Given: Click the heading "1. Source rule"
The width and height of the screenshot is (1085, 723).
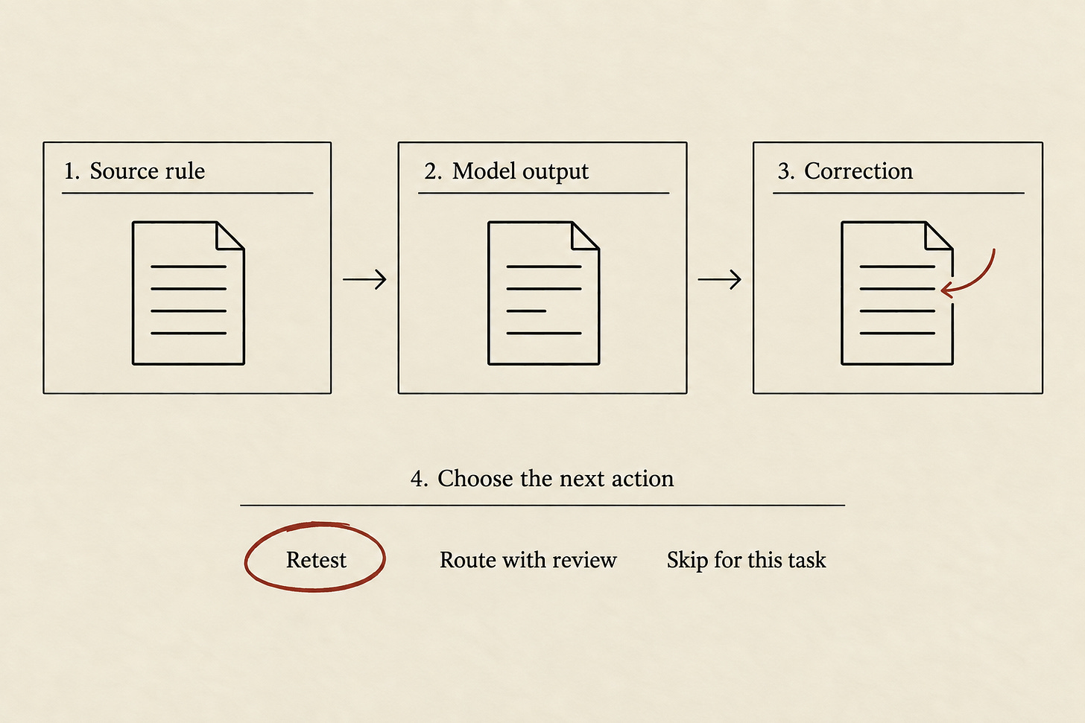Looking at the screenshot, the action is coord(135,171).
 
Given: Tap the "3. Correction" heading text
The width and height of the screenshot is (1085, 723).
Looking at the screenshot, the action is coord(845,171).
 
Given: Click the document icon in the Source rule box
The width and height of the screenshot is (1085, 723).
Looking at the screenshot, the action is coord(189,293).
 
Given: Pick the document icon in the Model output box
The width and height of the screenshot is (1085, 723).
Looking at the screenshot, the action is coord(543,293).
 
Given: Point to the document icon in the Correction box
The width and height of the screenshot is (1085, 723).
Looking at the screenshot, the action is coord(897,293).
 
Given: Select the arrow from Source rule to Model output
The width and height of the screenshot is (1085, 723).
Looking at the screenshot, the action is coord(364,279).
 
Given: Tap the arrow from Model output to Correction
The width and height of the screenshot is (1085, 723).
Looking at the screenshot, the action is coord(719,279).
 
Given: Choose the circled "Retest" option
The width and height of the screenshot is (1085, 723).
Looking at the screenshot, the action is coord(316,560).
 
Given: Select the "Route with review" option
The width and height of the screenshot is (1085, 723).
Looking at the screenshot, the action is coord(528,560).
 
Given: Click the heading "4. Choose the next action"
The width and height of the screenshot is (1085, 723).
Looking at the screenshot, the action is coord(542,479).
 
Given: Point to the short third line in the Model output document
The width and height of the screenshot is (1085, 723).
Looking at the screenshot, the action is coord(526,310).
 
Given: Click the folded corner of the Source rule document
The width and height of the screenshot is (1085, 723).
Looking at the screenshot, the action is coord(230,236).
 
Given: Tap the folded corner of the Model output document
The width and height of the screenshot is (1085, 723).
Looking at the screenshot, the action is coord(586,236).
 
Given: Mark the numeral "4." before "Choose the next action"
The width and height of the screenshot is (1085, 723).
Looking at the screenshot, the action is coord(419,479).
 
